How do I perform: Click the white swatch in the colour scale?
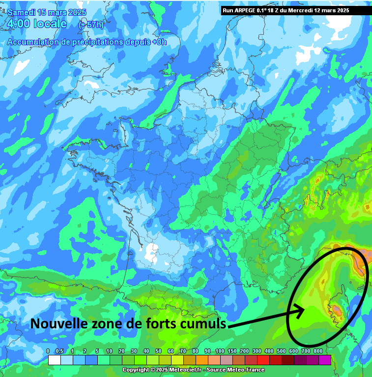[55, 360]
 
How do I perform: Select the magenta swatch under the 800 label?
[324, 360]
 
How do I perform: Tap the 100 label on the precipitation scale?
[220, 351]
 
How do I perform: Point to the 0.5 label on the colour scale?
[60, 351]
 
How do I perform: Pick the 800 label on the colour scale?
[318, 351]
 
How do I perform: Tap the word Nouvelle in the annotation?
[54, 323]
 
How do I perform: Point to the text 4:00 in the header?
[19, 23]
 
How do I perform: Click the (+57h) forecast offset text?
[91, 24]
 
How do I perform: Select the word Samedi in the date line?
[21, 12]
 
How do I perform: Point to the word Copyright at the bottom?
[136, 370]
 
